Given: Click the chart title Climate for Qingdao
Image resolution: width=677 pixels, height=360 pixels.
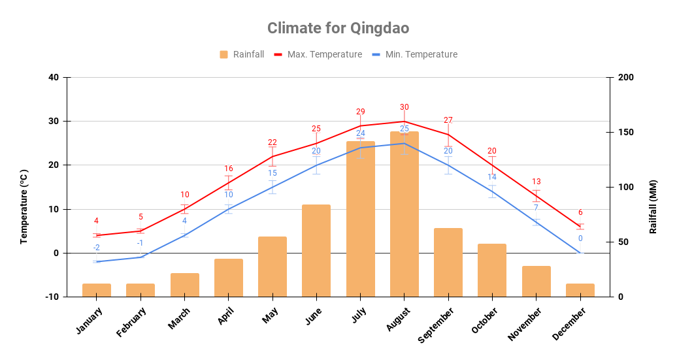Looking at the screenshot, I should [338, 28].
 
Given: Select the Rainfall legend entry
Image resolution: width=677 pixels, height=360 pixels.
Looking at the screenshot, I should [242, 54].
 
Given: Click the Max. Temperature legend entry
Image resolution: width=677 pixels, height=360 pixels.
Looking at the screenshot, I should [318, 54].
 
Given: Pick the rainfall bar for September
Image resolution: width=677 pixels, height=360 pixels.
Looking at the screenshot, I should [448, 262].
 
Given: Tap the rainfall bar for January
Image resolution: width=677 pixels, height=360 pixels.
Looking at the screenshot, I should [97, 289].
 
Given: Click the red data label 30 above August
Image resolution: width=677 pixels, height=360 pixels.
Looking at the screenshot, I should [404, 107].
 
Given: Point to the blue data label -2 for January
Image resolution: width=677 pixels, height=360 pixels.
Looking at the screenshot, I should [96, 248].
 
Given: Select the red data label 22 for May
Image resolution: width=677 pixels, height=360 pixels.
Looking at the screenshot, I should [272, 142].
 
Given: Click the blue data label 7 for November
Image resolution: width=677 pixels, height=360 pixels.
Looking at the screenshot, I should [536, 208].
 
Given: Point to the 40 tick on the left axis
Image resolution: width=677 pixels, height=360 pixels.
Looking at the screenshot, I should [53, 78].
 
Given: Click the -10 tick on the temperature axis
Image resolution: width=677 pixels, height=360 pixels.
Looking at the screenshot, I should [50, 297].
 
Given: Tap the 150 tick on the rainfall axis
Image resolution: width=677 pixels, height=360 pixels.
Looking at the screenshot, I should [625, 133].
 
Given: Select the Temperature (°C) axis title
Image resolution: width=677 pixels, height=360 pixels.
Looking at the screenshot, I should [24, 206].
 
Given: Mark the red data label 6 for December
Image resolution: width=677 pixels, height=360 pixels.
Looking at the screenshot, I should [580, 212].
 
